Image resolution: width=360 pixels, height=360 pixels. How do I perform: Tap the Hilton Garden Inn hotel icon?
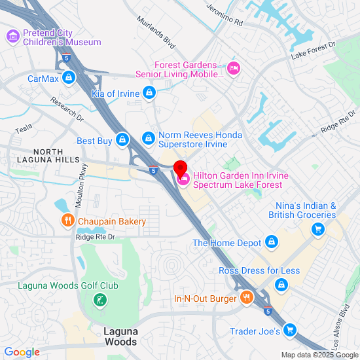183,179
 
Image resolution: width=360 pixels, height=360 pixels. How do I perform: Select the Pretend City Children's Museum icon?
13,36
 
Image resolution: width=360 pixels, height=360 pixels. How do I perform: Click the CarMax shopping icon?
69,79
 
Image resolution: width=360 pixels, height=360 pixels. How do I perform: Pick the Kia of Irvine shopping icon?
150,94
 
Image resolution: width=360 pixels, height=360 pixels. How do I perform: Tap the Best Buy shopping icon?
122,140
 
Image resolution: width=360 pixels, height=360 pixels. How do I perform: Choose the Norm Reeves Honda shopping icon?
149,139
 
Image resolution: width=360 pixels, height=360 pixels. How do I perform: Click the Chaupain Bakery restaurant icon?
67,221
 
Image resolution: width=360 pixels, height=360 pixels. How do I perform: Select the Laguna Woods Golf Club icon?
99,300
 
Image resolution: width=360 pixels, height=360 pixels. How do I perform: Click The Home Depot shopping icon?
272,243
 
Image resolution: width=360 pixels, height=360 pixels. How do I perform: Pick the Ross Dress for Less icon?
281,285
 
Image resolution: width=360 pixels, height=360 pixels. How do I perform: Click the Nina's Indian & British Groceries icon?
318,228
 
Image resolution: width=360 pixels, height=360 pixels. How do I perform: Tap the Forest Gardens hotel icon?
234,67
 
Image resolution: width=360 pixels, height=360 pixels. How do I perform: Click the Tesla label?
24,130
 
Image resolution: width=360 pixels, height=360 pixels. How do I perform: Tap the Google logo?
22,352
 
